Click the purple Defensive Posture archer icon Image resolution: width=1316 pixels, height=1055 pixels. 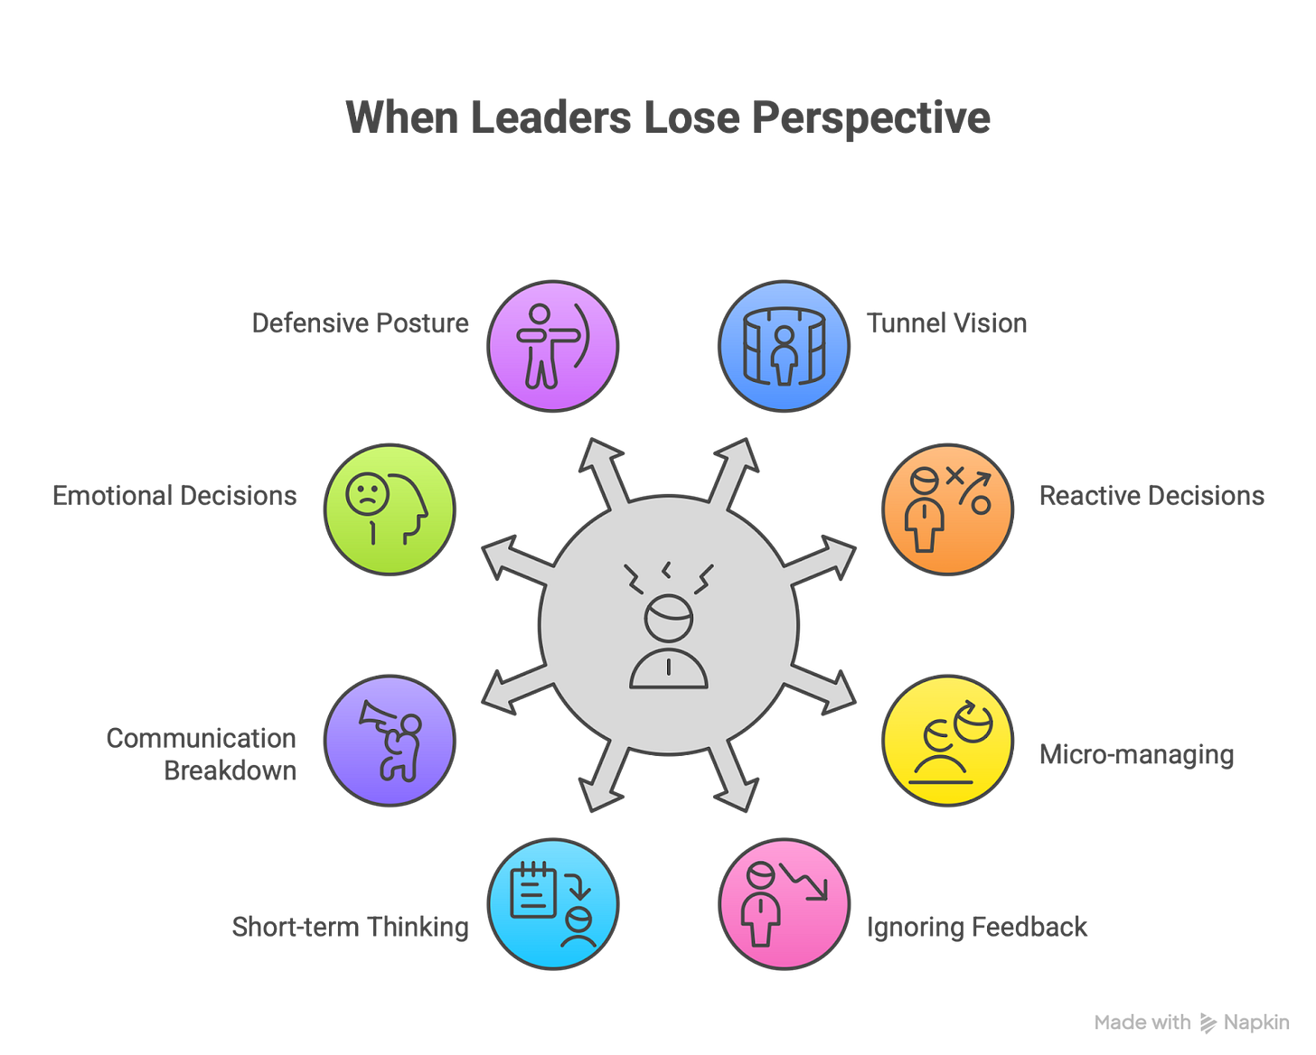[x=553, y=346]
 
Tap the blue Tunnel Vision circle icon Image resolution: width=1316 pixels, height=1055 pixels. [x=784, y=346]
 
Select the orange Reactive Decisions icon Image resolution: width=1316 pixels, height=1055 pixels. [x=947, y=509]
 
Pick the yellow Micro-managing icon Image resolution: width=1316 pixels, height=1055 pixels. [x=947, y=741]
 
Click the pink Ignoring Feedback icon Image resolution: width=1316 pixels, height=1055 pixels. [x=784, y=904]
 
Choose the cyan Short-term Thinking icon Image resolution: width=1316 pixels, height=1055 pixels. [x=553, y=904]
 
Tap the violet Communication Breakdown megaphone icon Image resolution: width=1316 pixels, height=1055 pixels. [x=390, y=741]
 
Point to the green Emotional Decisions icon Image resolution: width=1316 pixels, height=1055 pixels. [x=390, y=509]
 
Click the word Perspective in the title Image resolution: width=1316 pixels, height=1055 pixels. [x=871, y=118]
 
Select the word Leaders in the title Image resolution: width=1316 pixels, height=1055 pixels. [x=550, y=117]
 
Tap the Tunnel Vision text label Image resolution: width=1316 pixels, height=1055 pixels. [x=947, y=323]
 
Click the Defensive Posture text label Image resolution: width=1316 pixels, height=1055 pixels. [x=360, y=323]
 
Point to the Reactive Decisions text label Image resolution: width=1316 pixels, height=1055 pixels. [x=1152, y=496]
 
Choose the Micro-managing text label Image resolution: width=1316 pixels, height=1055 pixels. [x=1136, y=754]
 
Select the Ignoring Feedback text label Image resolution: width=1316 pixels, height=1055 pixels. [x=976, y=927]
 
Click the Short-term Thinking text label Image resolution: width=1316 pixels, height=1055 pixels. [x=350, y=927]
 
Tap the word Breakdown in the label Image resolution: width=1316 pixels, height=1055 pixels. [x=230, y=771]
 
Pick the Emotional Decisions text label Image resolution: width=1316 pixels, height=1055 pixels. [x=174, y=496]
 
